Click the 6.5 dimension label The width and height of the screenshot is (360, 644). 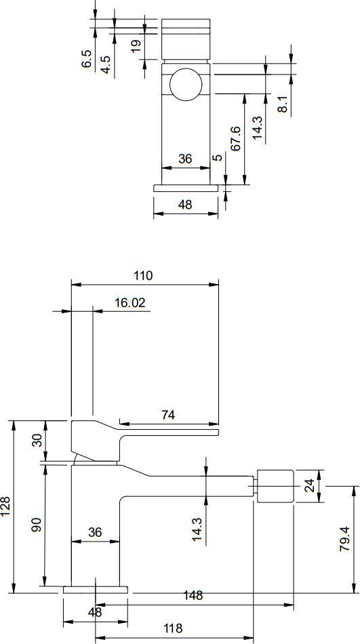(86, 59)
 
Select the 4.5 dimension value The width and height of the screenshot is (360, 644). (106, 64)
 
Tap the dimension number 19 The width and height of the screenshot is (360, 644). (136, 43)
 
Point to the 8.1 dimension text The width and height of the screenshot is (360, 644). (282, 104)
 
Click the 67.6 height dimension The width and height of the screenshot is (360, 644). (235, 139)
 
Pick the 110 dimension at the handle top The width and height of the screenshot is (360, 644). (143, 276)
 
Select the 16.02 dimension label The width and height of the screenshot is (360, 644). (130, 303)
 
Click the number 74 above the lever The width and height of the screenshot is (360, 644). (167, 416)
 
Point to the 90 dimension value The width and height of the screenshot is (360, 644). (37, 525)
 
